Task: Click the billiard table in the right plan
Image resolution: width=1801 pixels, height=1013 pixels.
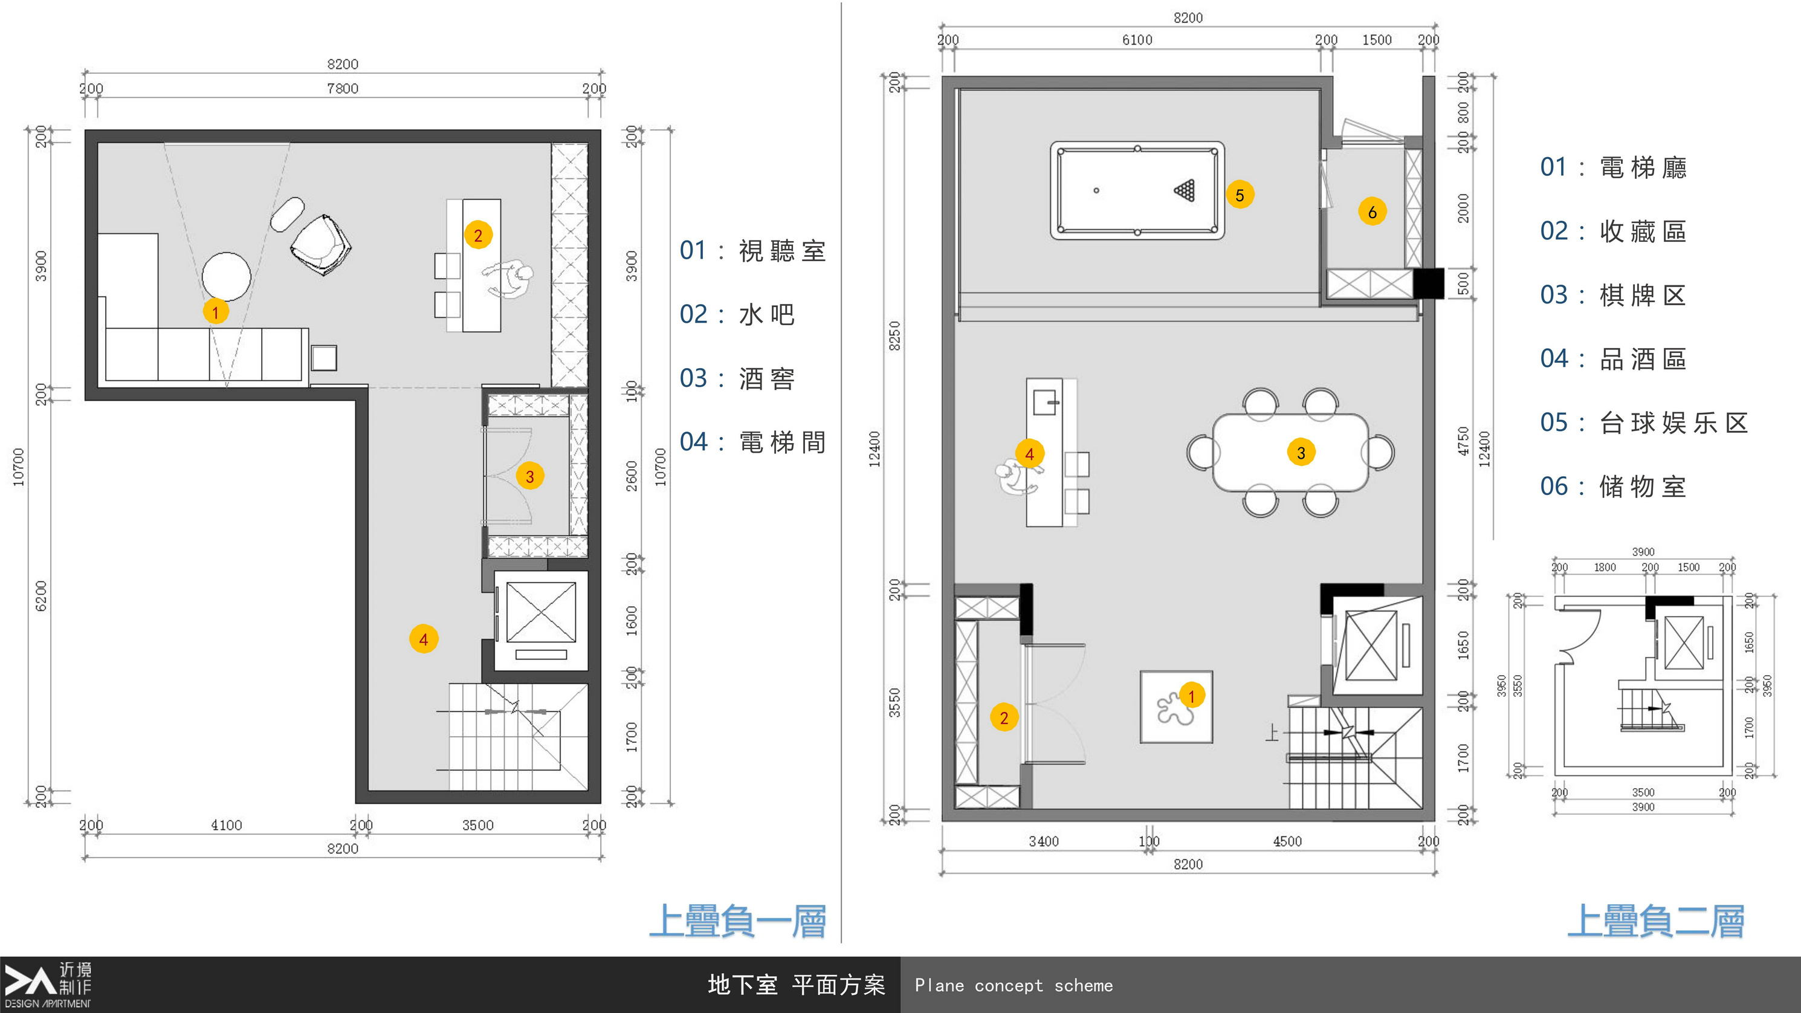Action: click(1137, 190)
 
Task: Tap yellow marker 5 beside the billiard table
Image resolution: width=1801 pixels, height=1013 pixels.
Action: click(1240, 195)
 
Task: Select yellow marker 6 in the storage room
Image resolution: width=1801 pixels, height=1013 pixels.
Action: click(1373, 212)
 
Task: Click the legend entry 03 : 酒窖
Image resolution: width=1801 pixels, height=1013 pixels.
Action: click(737, 378)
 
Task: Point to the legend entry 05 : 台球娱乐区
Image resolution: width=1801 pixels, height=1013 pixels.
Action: click(1644, 422)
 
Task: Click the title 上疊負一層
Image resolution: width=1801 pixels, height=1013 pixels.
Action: click(737, 921)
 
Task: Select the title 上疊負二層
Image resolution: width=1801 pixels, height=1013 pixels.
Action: click(1655, 921)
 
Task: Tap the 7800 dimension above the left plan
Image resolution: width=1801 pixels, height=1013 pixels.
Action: click(343, 88)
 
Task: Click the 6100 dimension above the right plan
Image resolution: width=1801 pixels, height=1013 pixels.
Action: click(1137, 40)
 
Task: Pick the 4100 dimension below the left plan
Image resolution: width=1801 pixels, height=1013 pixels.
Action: click(227, 825)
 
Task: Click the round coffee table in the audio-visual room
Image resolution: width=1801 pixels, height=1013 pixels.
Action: click(226, 276)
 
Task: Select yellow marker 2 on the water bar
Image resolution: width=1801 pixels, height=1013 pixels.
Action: click(478, 235)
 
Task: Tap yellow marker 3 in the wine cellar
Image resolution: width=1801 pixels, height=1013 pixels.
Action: click(530, 476)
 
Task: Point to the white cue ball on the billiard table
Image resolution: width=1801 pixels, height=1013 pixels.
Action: click(1096, 190)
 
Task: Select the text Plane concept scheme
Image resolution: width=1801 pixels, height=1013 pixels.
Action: click(1014, 985)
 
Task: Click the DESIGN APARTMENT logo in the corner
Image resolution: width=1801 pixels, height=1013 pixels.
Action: click(48, 985)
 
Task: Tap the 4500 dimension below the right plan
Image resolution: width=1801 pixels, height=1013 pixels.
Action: click(1287, 841)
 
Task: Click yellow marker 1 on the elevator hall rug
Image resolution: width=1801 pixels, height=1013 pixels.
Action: click(1192, 696)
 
